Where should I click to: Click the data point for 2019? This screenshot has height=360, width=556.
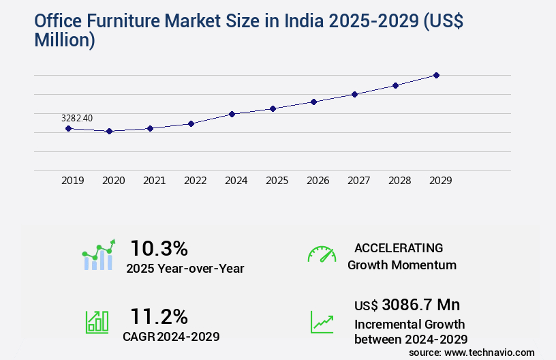point(68,128)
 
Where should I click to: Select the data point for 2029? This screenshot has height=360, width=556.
point(436,75)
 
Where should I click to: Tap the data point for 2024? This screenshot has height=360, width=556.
point(232,114)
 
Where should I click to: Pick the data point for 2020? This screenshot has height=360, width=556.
point(109,131)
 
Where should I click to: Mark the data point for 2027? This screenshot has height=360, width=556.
point(354,94)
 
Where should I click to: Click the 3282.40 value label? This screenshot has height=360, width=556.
point(77,118)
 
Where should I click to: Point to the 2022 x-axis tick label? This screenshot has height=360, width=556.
point(195,181)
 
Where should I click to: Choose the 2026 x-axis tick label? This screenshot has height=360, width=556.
point(318,181)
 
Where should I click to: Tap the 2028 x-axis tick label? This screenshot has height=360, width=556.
point(399,181)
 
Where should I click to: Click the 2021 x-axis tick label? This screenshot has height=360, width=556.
point(154,181)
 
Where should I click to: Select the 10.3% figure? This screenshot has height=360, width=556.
point(159,248)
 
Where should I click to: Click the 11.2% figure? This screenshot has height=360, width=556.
point(159,316)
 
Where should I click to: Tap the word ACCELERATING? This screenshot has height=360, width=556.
point(399,248)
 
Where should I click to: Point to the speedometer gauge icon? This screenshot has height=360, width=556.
point(322,254)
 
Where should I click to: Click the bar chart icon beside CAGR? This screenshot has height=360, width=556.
point(97,321)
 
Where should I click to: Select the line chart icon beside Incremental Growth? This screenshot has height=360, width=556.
point(322,321)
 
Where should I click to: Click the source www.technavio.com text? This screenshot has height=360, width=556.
point(472,352)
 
